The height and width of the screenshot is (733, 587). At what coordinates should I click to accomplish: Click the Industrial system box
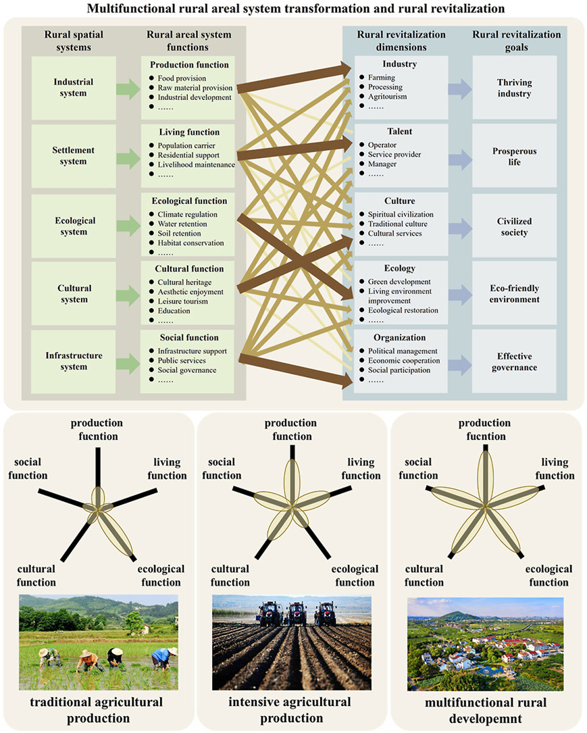[x=74, y=88]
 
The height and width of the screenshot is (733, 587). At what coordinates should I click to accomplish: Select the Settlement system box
[x=74, y=155]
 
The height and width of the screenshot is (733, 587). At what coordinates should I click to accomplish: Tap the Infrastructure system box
[x=74, y=361]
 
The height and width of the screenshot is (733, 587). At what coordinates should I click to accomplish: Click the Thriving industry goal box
[x=514, y=88]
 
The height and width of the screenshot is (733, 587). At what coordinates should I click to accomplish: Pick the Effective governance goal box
[x=514, y=361]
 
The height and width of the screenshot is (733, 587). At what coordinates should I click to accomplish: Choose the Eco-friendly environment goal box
[x=514, y=293]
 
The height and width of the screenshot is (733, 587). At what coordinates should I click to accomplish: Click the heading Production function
[x=189, y=66]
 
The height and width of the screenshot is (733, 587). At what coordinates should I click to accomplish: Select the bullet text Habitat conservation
[x=190, y=243]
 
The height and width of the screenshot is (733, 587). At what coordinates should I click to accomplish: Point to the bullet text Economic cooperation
[x=404, y=361]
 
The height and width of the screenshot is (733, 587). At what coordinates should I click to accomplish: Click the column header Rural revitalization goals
[x=516, y=41]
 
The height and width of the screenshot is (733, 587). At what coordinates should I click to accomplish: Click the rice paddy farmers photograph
[x=99, y=642]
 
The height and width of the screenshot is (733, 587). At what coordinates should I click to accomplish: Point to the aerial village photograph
[x=485, y=643]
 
